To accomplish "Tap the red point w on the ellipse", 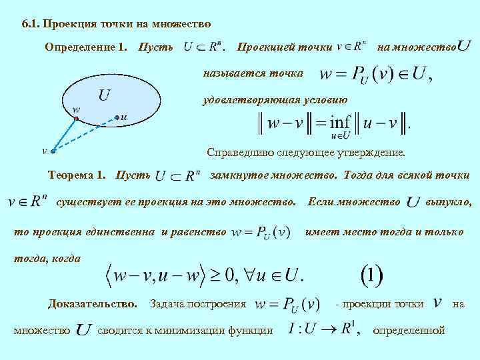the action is click(x=77, y=118).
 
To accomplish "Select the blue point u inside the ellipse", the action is click(x=117, y=117).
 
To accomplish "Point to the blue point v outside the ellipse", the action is click(x=53, y=151).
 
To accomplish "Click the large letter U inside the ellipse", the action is click(x=104, y=95).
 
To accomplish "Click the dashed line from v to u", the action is click(x=87, y=133).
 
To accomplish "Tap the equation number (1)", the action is click(x=371, y=273).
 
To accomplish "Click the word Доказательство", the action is click(x=92, y=303).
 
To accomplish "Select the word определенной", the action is click(x=408, y=329).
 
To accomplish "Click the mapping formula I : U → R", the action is click(x=320, y=329).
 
